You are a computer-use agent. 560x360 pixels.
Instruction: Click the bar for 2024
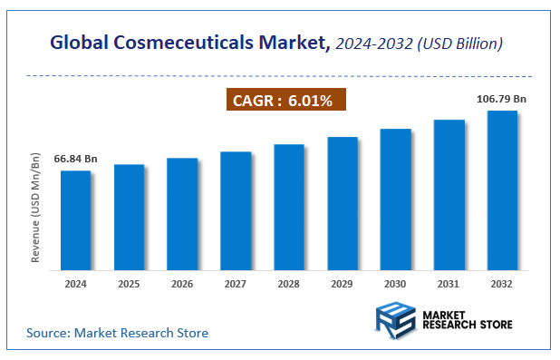[x=75, y=220]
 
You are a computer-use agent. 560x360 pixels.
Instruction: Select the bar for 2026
[x=182, y=214]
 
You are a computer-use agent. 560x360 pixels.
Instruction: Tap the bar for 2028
[x=289, y=207]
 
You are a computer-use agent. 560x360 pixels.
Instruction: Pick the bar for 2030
[x=396, y=199]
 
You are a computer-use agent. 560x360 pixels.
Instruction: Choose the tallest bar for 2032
[x=502, y=190]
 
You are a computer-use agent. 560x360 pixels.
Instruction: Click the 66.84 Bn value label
[x=75, y=160]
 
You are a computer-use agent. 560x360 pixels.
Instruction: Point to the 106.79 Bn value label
[x=501, y=98]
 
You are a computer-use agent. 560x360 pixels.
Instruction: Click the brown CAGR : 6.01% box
[x=285, y=100]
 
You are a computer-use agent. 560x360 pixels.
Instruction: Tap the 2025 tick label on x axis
[x=129, y=284]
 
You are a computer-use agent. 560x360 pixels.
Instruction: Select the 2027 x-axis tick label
[x=236, y=284]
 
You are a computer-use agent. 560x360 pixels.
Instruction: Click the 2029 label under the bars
[x=343, y=284]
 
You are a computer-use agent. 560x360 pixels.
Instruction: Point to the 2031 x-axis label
[x=449, y=284]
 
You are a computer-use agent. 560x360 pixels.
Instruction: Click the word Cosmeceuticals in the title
[x=194, y=42]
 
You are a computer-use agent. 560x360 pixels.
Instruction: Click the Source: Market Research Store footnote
[x=117, y=333]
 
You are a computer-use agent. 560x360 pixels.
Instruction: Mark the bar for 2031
[x=449, y=195]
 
